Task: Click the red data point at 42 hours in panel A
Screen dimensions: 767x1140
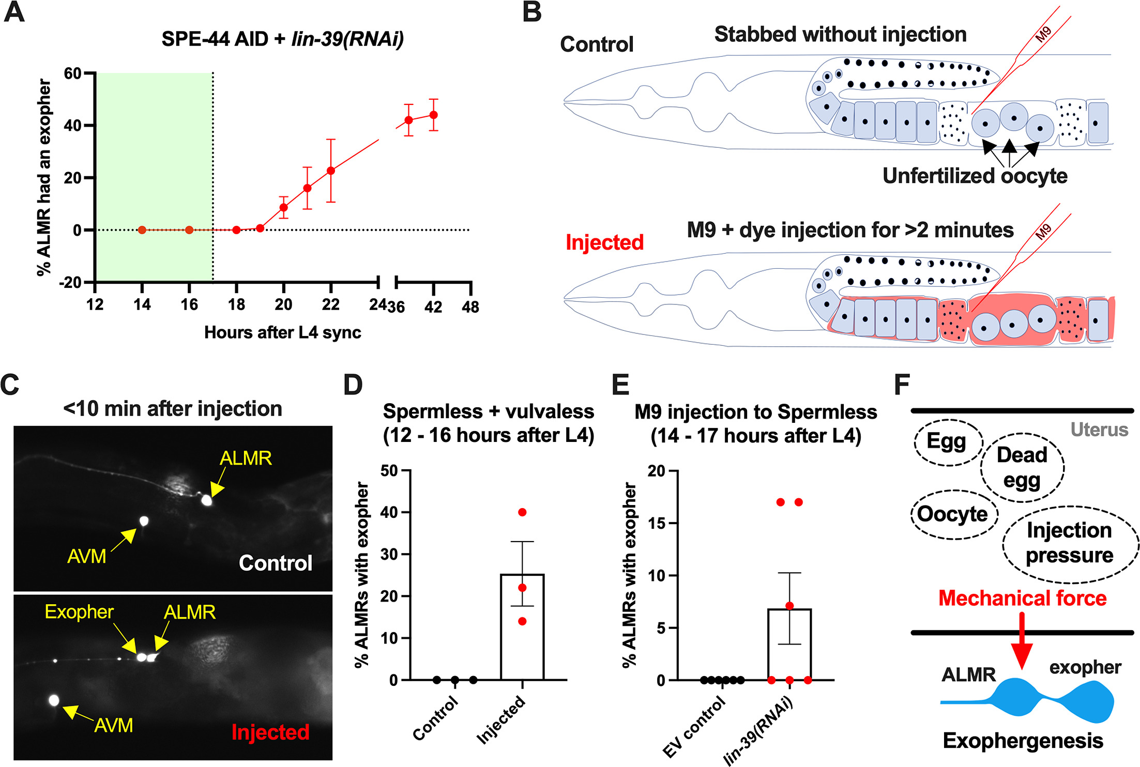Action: click(x=433, y=115)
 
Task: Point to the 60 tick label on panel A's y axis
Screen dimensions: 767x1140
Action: click(x=72, y=73)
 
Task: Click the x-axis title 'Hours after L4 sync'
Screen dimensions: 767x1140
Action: click(x=282, y=332)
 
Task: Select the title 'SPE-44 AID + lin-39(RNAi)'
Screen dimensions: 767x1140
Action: click(x=282, y=39)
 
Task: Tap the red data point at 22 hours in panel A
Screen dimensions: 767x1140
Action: click(x=331, y=171)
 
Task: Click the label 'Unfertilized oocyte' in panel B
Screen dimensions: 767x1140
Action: click(x=975, y=176)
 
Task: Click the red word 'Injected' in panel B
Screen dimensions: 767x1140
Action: click(x=604, y=242)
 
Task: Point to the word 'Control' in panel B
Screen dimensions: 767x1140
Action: click(x=597, y=44)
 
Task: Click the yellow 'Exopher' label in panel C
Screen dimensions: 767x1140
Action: click(x=79, y=612)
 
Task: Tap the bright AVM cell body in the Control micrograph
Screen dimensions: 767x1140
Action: click(x=144, y=521)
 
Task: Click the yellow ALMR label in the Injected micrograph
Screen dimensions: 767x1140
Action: click(x=189, y=612)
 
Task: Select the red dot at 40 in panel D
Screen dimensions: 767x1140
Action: click(x=522, y=512)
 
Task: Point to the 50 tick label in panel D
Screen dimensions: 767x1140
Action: click(x=389, y=471)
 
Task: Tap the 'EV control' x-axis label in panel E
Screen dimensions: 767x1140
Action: click(x=693, y=726)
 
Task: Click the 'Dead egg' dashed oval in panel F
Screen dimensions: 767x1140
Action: click(x=1022, y=467)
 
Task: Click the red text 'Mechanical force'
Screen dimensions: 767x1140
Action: click(x=1022, y=598)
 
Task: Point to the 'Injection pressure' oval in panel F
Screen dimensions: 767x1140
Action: click(x=1069, y=543)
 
